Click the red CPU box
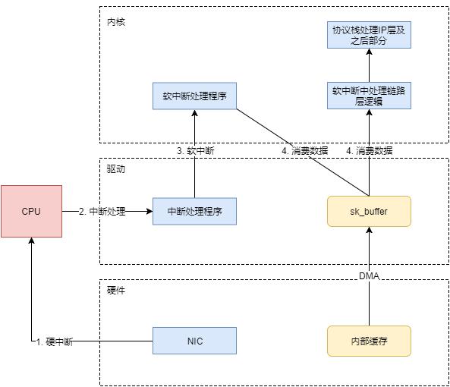click(31, 210)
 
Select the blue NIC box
click(194, 341)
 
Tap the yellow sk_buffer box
click(369, 211)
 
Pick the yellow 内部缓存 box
click(369, 341)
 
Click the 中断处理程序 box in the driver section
click(194, 211)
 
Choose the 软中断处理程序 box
click(194, 96)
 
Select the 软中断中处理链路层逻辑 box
click(369, 96)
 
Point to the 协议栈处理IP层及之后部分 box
click(369, 36)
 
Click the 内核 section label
click(115, 22)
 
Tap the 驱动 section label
click(115, 169)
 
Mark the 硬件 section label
click(115, 291)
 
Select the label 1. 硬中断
click(55, 341)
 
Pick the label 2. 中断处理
click(102, 211)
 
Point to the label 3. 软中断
click(195, 151)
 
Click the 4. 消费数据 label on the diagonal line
click(305, 151)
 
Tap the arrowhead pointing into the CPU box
click(31, 240)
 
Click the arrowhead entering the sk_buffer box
click(369, 230)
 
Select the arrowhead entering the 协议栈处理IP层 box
click(369, 54)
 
